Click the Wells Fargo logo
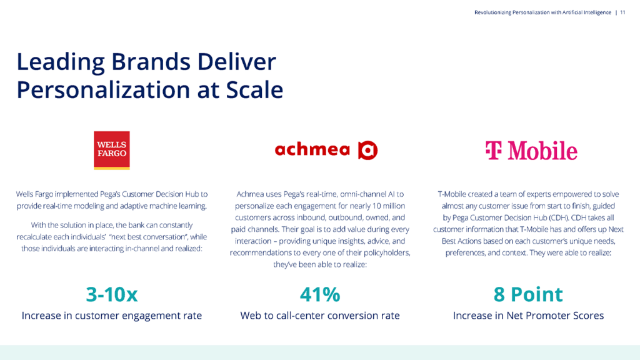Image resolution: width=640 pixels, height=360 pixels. click(x=112, y=150)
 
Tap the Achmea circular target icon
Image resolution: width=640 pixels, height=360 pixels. click(x=367, y=150)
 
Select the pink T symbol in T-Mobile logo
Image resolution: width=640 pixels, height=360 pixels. click(x=494, y=150)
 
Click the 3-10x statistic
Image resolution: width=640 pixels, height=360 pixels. click(x=112, y=294)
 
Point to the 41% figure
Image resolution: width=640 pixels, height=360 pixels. click(x=320, y=294)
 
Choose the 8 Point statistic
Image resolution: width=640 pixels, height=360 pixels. click(x=528, y=294)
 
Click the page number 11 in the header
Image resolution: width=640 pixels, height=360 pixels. click(x=622, y=12)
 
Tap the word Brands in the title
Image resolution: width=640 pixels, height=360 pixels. click(x=151, y=62)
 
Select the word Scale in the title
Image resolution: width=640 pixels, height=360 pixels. click(x=254, y=90)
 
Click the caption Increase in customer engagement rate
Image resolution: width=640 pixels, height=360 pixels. click(x=112, y=316)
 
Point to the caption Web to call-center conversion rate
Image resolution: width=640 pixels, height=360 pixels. click(x=320, y=316)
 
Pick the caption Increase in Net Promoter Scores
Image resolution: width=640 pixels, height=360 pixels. click(x=528, y=316)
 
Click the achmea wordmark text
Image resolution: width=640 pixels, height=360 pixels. click(x=312, y=150)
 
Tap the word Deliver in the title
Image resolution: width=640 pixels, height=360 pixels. click(x=237, y=62)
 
